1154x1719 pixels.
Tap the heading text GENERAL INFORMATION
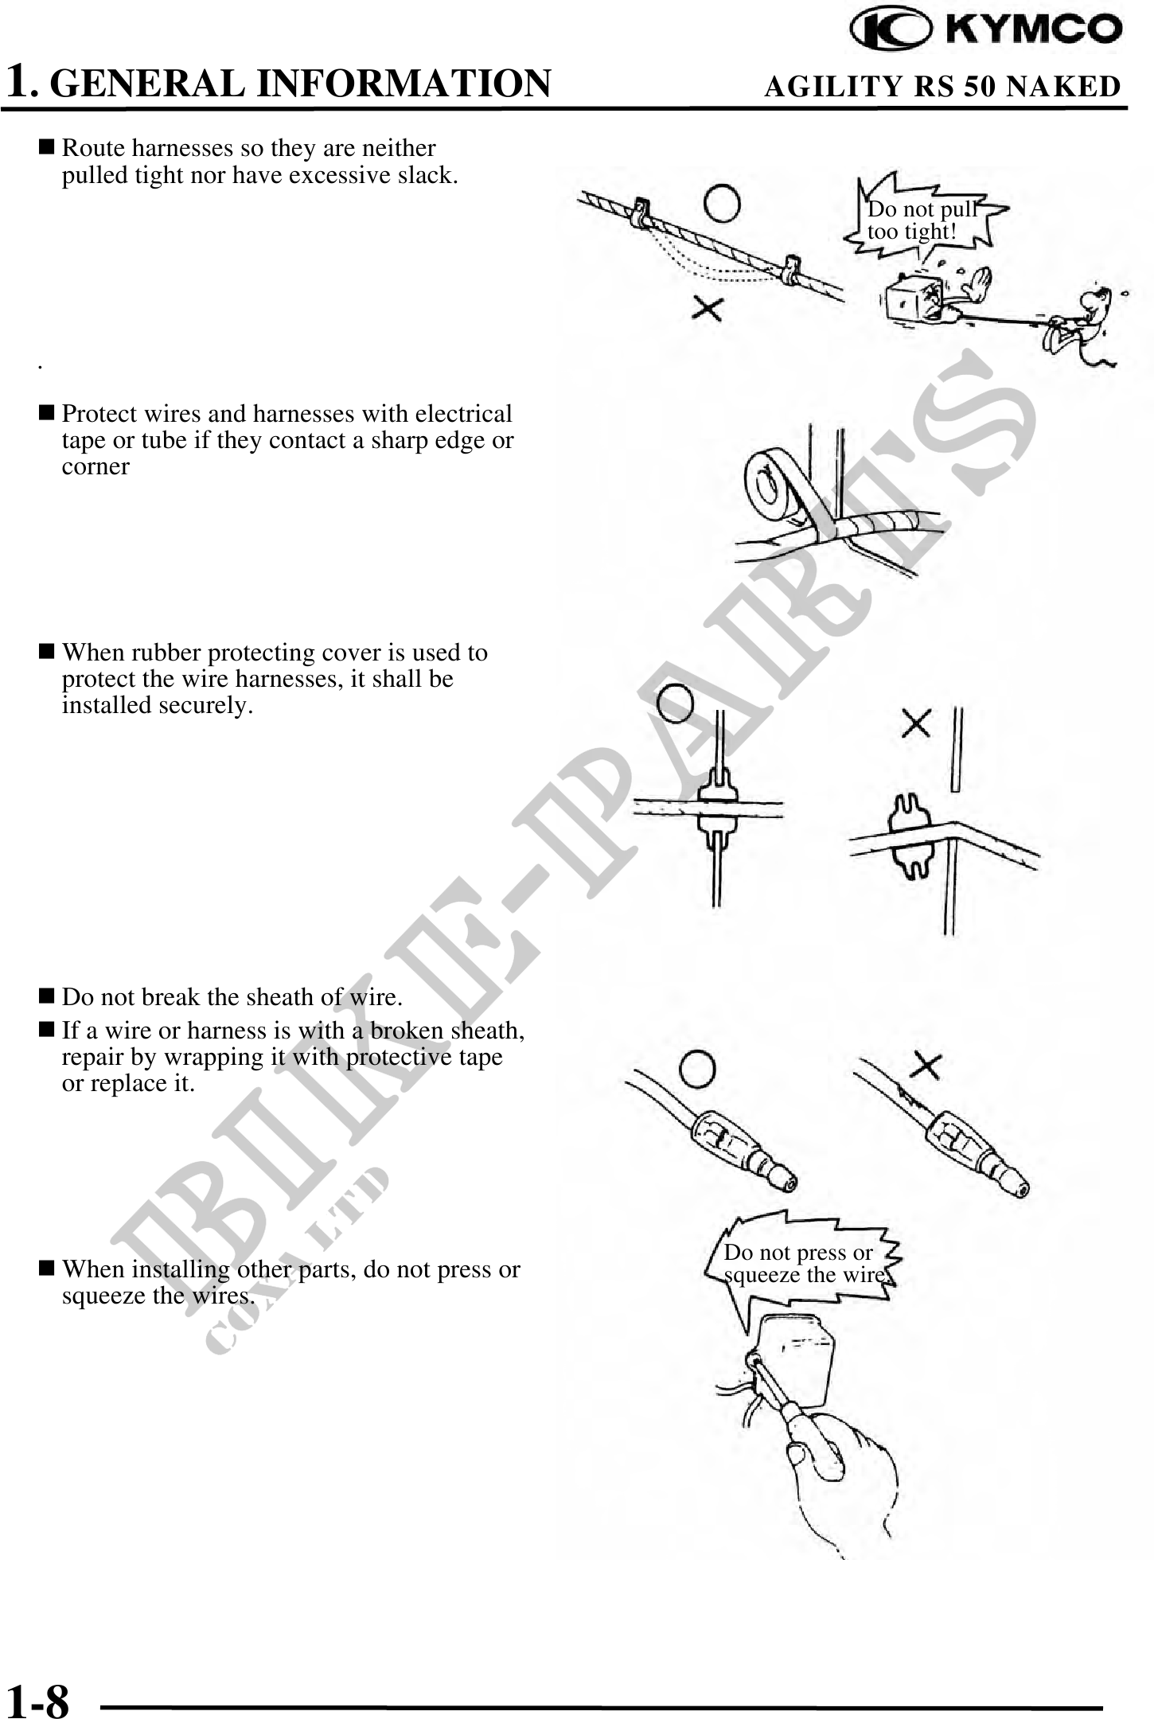click(x=305, y=84)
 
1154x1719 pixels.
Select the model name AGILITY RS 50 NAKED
click(x=942, y=86)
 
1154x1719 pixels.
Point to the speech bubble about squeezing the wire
click(x=804, y=1265)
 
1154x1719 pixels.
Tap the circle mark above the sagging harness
click(x=723, y=205)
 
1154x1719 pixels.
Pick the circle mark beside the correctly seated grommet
click(x=676, y=703)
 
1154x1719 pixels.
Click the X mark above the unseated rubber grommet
click(x=916, y=723)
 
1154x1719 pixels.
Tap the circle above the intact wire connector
click(x=697, y=1070)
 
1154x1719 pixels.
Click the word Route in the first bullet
click(x=93, y=148)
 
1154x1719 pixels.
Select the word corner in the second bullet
click(x=96, y=467)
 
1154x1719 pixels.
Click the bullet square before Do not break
click(x=47, y=996)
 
